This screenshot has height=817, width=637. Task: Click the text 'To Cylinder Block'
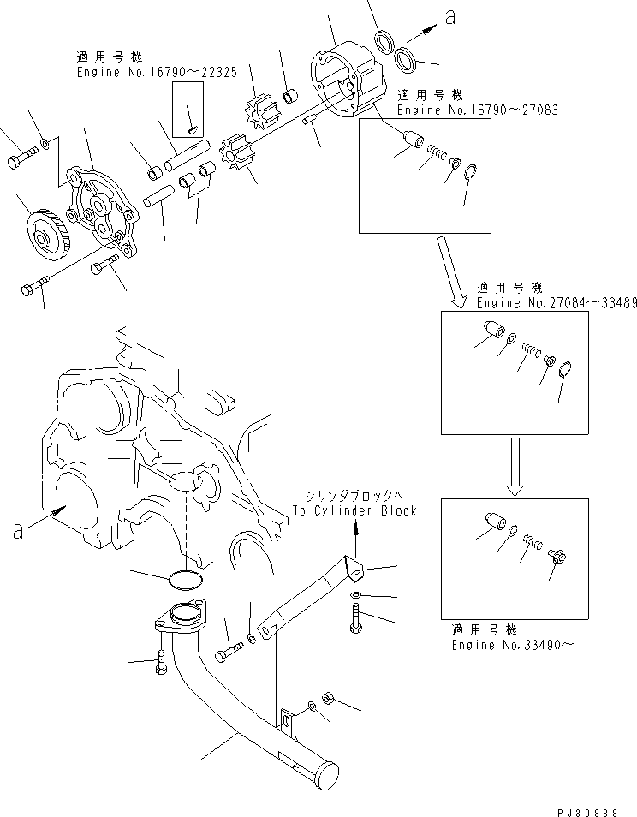pos(354,510)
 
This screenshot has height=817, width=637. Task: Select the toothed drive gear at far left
pos(43,230)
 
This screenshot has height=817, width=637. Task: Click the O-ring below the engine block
pos(185,580)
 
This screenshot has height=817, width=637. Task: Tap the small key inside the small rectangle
pos(193,129)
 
